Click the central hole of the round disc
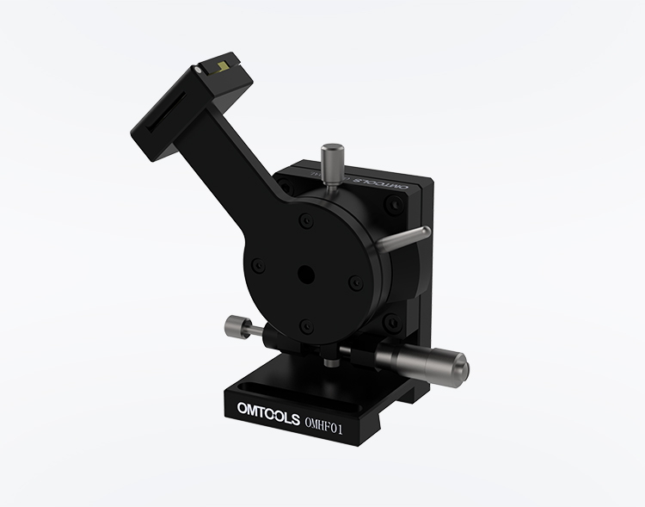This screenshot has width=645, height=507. (x=304, y=273)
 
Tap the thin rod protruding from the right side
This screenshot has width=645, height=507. (x=405, y=238)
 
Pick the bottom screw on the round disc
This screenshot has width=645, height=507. (x=304, y=325)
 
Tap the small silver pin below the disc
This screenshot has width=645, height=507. (x=329, y=361)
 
